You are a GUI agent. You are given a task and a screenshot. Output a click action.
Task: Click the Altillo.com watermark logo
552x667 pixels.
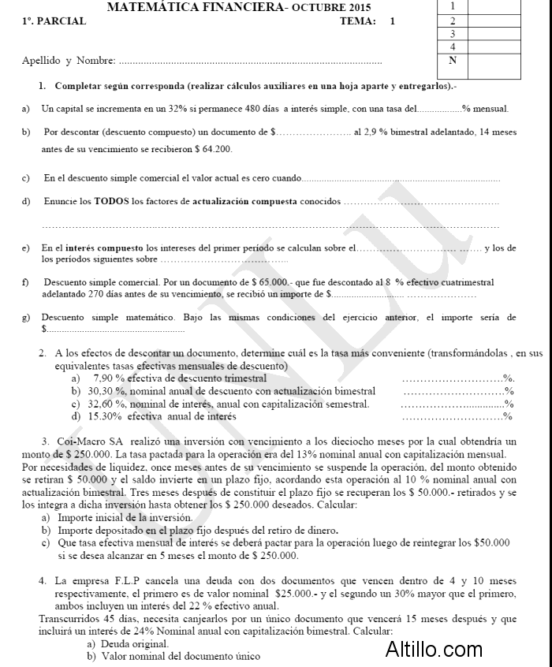click(434, 650)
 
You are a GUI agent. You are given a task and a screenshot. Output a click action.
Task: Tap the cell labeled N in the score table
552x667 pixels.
click(452, 60)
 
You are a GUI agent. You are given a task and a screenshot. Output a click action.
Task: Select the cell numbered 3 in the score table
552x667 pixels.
click(452, 34)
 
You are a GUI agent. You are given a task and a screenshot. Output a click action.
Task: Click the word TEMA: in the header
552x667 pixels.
click(357, 22)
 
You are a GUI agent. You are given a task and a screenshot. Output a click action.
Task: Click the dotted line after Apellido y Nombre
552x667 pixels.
click(251, 61)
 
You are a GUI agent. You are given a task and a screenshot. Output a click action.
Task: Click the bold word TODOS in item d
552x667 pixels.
click(111, 202)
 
